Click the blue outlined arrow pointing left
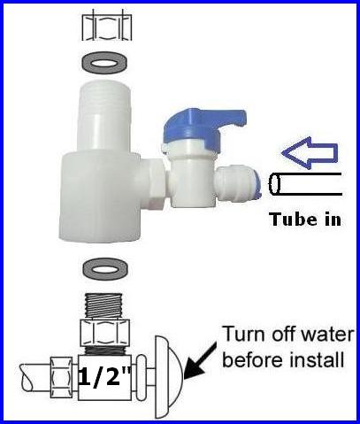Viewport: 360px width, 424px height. pos(310,153)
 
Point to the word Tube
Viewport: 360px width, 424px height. pos(289,219)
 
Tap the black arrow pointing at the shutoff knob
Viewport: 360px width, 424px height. pos(201,361)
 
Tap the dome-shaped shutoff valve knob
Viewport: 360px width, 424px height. pos(168,377)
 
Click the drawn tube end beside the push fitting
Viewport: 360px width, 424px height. pos(305,184)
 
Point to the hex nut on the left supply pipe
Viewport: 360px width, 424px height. pos(61,377)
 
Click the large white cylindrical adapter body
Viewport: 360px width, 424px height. pos(99,197)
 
